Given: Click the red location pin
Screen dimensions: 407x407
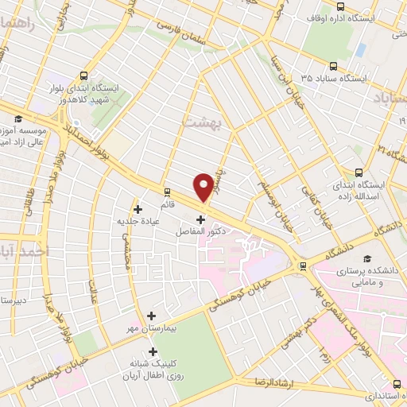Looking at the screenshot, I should click(204, 186).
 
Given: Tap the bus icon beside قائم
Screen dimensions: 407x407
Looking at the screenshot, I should click(167, 192).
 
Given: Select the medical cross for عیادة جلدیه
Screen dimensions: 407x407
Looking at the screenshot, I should click(138, 210).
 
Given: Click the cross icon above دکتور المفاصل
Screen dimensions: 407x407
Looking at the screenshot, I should click(200, 219).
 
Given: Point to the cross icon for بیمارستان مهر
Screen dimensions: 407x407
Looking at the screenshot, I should click(151, 316).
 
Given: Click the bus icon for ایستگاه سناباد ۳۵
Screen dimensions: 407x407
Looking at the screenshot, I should click(332, 67).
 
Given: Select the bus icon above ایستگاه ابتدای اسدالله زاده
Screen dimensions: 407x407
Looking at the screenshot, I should click(359, 172).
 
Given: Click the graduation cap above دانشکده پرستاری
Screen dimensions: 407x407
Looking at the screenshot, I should click(366, 259).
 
